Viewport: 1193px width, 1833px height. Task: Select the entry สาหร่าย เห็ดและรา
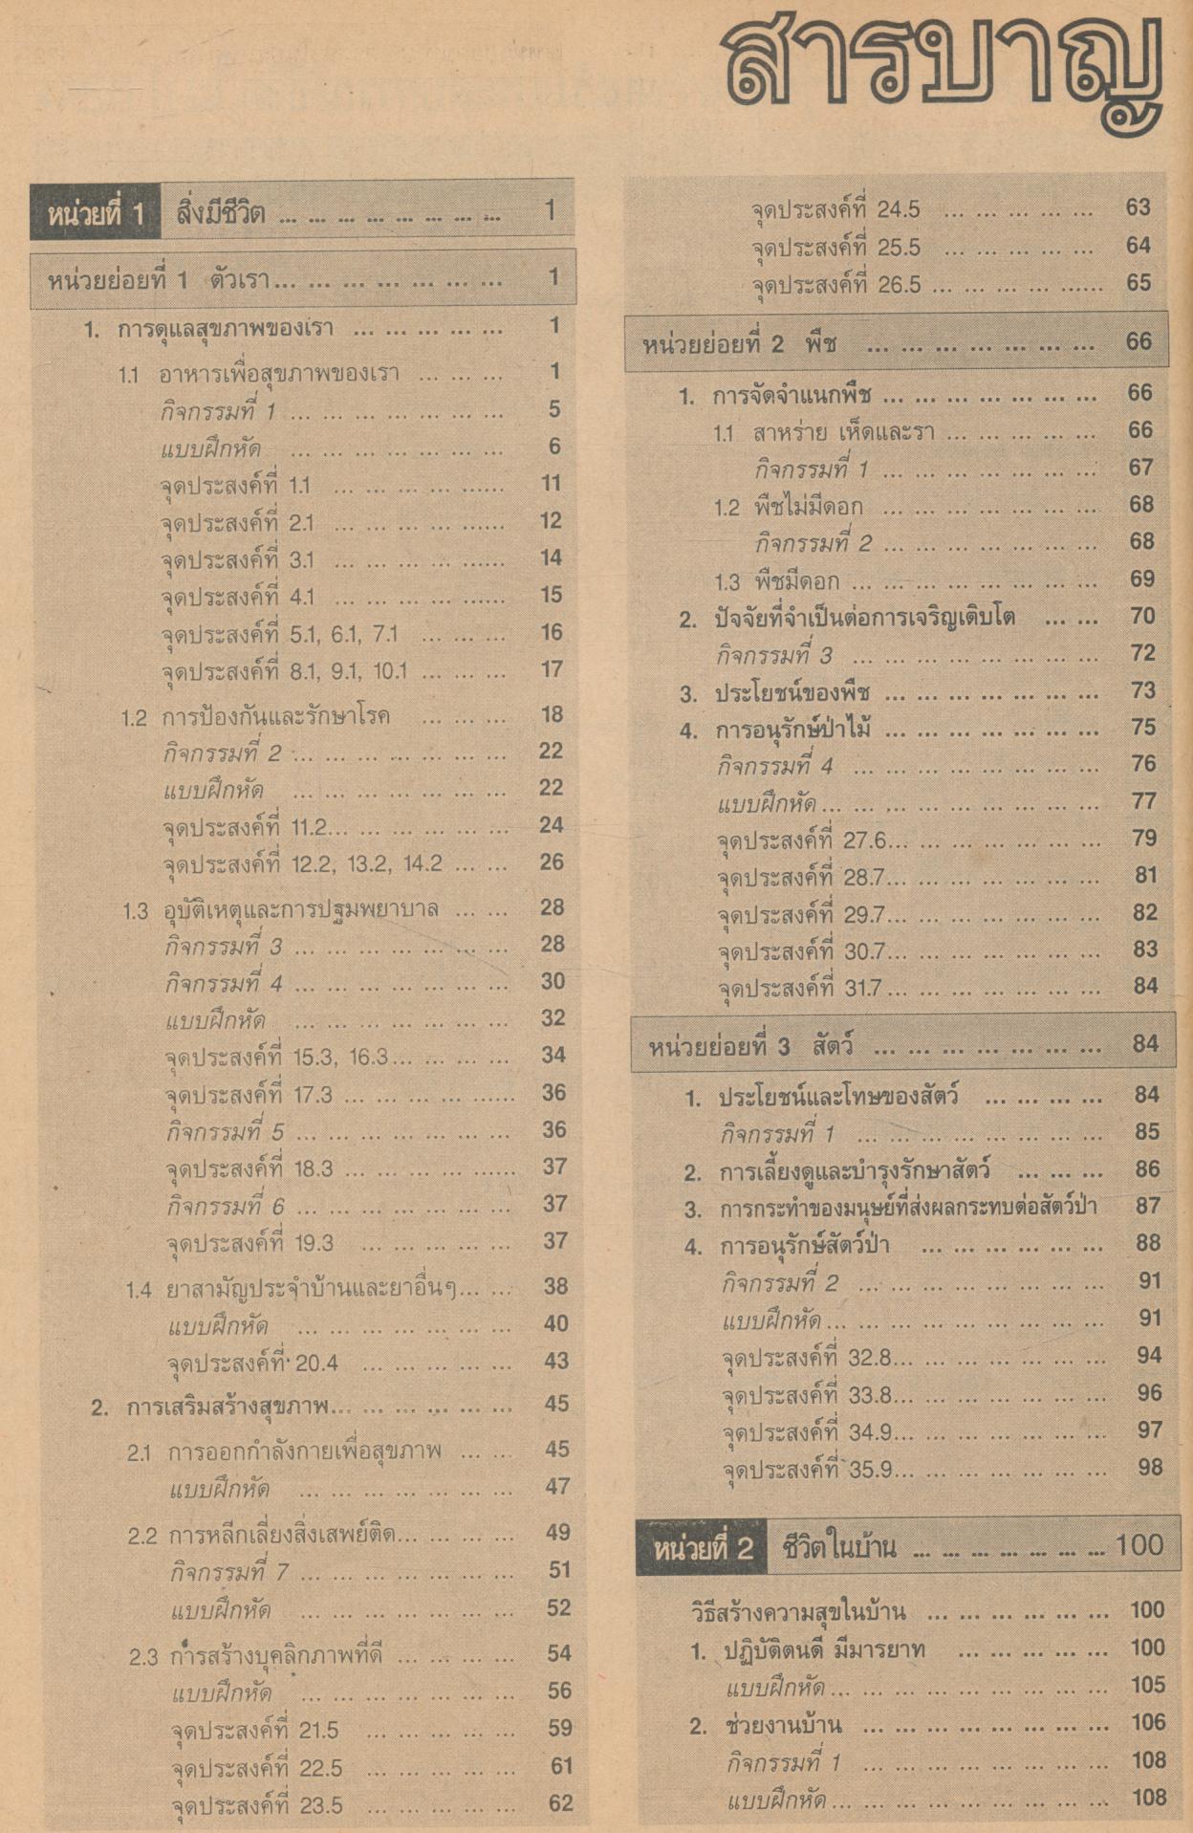(842, 432)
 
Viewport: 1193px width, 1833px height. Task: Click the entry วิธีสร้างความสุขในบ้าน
(798, 1611)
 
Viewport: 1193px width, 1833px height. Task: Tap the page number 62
(560, 1804)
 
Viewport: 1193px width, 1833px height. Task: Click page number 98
(1149, 1468)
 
